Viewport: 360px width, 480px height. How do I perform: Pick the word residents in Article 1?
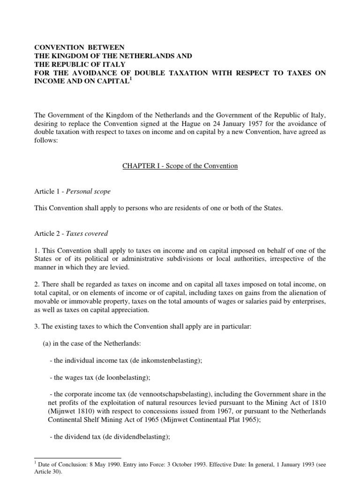(x=175, y=209)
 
